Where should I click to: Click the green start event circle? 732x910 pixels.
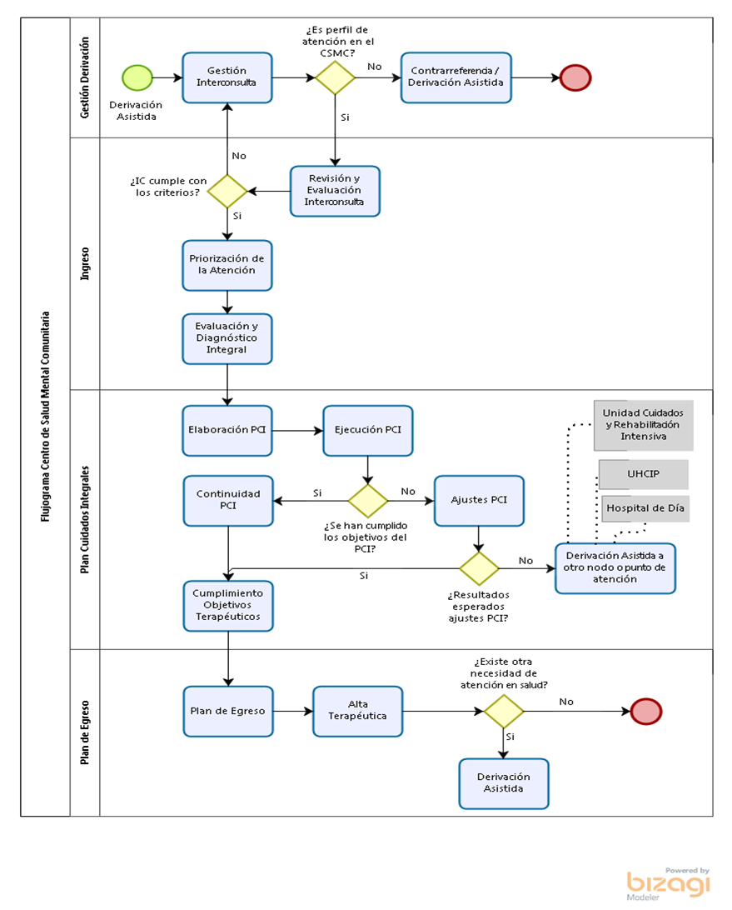click(x=137, y=77)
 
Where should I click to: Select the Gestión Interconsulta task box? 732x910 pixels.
click(x=227, y=77)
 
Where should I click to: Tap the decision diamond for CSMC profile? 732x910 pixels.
click(x=336, y=77)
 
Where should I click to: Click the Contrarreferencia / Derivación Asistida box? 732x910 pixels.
click(x=456, y=77)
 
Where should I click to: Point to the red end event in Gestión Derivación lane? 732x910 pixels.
click(x=575, y=77)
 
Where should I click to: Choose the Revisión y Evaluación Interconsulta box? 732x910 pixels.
click(x=336, y=191)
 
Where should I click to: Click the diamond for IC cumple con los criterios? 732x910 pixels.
click(x=227, y=191)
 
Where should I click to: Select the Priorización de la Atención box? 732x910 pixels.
click(x=227, y=265)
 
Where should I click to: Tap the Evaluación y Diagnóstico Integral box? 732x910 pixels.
click(x=227, y=339)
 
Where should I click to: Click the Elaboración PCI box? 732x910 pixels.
click(x=227, y=431)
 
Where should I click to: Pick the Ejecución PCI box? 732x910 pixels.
click(x=368, y=431)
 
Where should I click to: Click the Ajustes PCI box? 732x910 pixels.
click(x=479, y=501)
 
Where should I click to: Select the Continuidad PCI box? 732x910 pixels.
click(x=228, y=501)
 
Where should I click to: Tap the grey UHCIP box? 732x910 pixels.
click(x=643, y=474)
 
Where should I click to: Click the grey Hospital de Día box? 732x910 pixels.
click(x=645, y=508)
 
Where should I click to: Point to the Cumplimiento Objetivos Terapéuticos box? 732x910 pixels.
click(x=228, y=606)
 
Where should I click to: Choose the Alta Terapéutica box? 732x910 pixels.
click(x=358, y=712)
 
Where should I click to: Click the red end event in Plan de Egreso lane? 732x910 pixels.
click(x=646, y=712)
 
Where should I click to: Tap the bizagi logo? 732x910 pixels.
click(x=668, y=884)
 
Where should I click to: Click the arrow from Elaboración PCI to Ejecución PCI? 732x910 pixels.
click(x=297, y=431)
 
